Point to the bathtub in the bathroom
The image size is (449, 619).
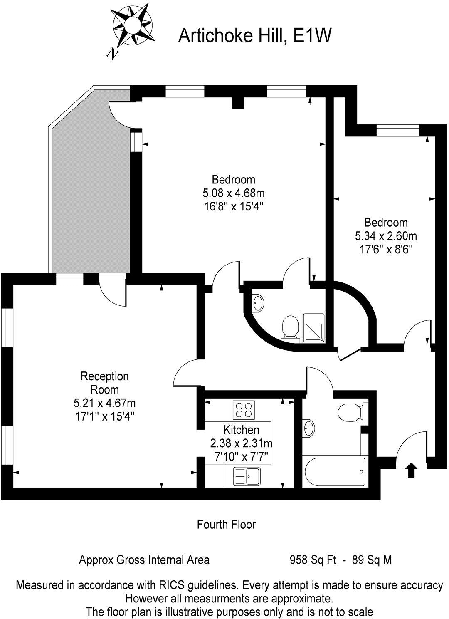pos(335,472)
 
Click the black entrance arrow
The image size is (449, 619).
pos(411,470)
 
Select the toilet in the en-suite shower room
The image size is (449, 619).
pos(290,327)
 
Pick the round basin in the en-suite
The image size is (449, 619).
pos(258,303)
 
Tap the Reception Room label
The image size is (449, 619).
pos(104,383)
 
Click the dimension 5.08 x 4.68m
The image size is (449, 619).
pos(233,193)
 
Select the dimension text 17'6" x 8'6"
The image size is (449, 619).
pos(385,249)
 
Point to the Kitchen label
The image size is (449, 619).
pos(241,430)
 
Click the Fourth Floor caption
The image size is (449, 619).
pos(226,525)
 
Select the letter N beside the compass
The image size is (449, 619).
pos(112,53)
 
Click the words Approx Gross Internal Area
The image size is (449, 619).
pos(144,560)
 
